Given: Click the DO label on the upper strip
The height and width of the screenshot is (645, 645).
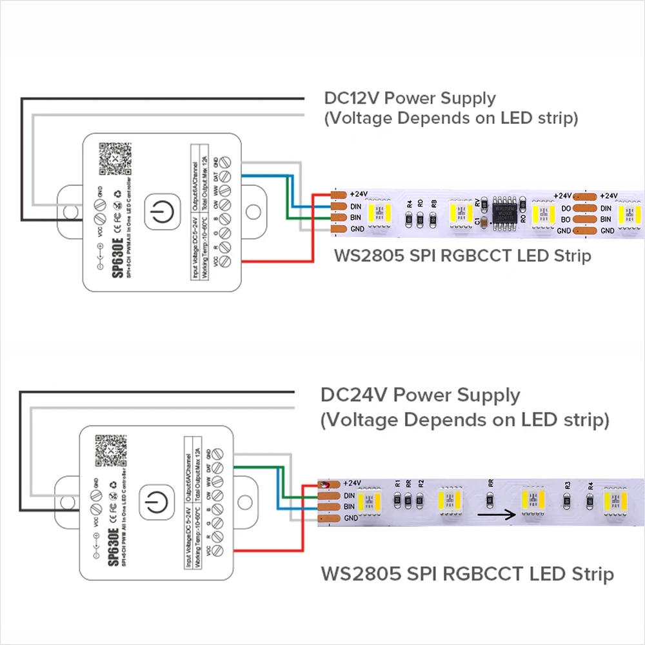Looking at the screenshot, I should (566, 208).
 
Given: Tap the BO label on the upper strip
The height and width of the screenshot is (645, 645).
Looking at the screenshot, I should (566, 219).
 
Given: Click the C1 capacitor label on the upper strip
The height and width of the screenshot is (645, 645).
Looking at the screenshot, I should (478, 221).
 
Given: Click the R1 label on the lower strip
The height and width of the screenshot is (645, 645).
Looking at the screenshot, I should (397, 482).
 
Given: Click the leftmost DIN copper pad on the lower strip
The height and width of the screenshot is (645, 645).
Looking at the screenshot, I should (329, 495).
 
